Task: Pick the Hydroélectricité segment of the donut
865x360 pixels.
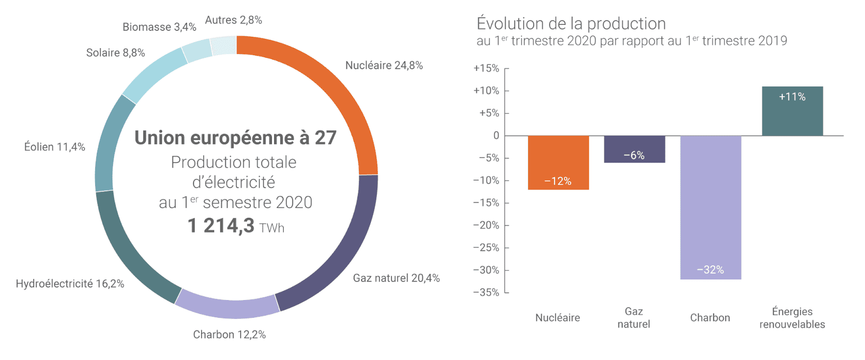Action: tap(130, 254)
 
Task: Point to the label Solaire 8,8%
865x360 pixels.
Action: tap(115, 53)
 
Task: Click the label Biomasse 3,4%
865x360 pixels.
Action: tap(159, 27)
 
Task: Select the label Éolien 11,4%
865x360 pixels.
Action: tap(55, 147)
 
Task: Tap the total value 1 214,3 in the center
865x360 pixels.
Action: tap(221, 225)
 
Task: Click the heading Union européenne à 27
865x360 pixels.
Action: tap(235, 138)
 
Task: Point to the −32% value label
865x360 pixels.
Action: tap(710, 270)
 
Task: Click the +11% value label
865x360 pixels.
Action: tap(792, 97)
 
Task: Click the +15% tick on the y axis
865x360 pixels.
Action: tap(486, 68)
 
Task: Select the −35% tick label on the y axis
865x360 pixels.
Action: tap(486, 292)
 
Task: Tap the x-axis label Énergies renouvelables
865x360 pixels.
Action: tap(792, 318)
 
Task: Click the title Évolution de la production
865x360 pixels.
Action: tap(571, 24)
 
